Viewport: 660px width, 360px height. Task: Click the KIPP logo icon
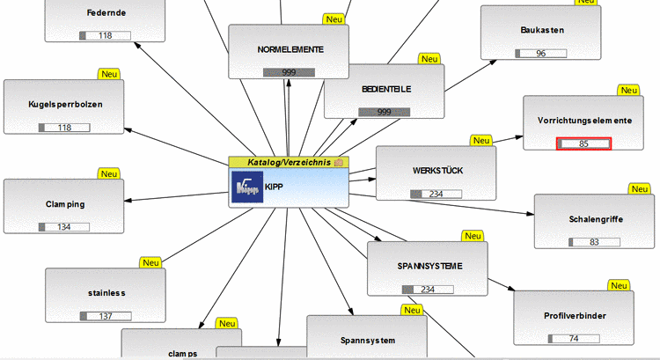tap(246, 187)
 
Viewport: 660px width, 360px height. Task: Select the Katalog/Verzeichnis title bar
tap(288, 162)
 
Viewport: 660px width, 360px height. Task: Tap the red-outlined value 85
tap(583, 143)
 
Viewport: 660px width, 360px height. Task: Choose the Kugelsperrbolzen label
tap(64, 104)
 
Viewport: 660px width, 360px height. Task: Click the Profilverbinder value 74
tap(573, 339)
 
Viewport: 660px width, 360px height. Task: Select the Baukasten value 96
tap(541, 54)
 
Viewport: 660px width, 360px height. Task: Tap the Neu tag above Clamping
tap(110, 173)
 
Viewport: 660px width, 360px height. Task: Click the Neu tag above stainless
tap(151, 262)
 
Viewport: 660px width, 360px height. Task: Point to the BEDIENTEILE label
tap(387, 89)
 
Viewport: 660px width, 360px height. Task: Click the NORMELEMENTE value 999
tap(289, 72)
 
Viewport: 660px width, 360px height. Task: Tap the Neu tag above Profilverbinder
tap(620, 285)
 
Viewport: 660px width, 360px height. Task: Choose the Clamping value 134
tap(64, 227)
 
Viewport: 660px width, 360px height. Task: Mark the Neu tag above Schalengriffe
tap(640, 188)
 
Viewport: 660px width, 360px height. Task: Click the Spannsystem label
tap(367, 340)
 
